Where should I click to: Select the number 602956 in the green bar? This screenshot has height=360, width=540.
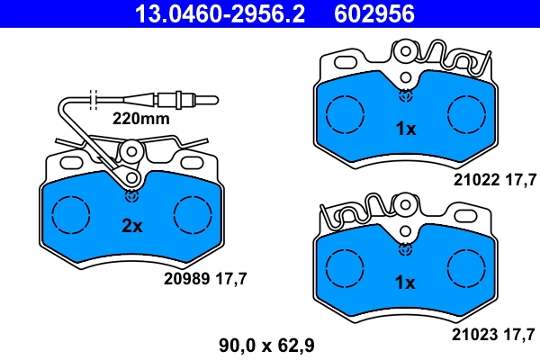(374, 13)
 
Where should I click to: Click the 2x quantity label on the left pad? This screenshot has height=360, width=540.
(132, 226)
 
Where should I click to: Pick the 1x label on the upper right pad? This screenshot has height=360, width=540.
(406, 129)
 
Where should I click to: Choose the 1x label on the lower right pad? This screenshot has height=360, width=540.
(406, 283)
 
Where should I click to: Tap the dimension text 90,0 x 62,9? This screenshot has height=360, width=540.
(266, 344)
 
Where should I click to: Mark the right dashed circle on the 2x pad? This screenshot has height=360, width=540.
(193, 215)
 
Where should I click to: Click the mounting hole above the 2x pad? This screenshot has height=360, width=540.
(131, 154)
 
